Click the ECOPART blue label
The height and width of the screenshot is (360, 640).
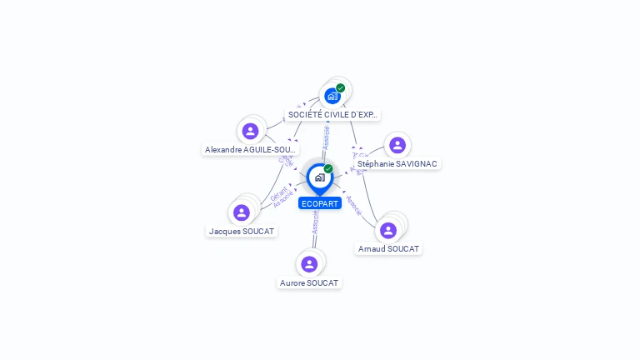click(x=320, y=203)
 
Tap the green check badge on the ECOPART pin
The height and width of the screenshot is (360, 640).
click(x=328, y=169)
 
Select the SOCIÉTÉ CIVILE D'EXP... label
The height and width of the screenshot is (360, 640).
click(x=332, y=114)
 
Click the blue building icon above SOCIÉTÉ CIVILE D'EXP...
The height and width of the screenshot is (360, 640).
click(x=332, y=96)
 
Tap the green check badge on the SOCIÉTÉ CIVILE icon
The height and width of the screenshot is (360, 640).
click(x=340, y=88)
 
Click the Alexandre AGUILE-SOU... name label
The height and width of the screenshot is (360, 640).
click(x=250, y=150)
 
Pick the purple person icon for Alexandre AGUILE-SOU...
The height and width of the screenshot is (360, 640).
click(x=250, y=131)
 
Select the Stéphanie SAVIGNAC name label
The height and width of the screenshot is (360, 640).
click(x=397, y=164)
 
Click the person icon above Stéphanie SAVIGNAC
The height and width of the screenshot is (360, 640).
click(x=397, y=145)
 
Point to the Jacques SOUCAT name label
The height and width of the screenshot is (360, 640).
click(x=242, y=231)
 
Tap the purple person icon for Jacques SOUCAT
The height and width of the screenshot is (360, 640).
click(x=242, y=212)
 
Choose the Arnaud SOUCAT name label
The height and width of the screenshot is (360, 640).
click(x=388, y=249)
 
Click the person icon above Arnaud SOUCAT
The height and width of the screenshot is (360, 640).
click(x=387, y=230)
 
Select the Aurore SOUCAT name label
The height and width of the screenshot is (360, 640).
click(x=309, y=283)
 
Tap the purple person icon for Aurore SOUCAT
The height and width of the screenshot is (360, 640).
click(x=309, y=264)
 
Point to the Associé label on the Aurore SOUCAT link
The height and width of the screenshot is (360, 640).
click(x=315, y=222)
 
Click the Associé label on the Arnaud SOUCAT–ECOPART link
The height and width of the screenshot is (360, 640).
click(x=352, y=205)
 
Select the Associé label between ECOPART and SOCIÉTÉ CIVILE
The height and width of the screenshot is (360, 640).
click(x=326, y=137)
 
